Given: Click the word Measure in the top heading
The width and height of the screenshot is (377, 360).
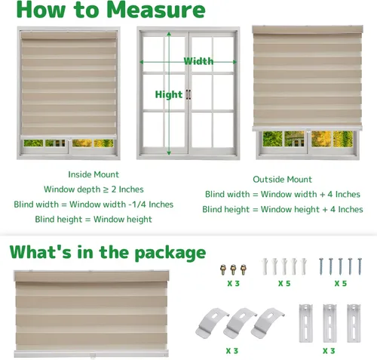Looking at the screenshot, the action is (x=156, y=10).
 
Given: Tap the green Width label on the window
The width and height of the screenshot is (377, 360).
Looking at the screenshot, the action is (x=198, y=61).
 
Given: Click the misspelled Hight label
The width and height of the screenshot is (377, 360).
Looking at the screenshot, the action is (x=169, y=94).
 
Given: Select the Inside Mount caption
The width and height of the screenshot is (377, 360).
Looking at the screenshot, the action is (x=93, y=174).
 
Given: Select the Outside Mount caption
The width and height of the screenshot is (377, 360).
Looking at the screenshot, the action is (x=282, y=180).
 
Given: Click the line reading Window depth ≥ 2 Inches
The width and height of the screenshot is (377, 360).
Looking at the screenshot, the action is (x=93, y=189).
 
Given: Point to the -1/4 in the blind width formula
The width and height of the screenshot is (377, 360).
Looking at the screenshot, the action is (x=137, y=205).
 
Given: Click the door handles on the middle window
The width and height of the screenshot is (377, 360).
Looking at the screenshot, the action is (x=188, y=94).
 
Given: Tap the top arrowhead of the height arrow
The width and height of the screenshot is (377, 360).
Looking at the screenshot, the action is (x=169, y=34).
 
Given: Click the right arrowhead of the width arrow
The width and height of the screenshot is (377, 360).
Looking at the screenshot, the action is (x=235, y=62).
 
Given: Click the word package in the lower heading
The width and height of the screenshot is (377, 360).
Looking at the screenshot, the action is (x=170, y=253).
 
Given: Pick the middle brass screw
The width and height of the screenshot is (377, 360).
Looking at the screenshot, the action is (x=233, y=269).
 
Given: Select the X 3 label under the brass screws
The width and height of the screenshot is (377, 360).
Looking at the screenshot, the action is (x=233, y=284).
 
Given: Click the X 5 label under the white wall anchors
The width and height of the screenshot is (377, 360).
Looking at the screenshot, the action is (x=284, y=284).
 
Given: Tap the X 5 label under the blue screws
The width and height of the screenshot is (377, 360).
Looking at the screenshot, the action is (x=341, y=284).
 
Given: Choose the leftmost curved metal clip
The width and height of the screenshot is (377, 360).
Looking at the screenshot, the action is (x=212, y=323).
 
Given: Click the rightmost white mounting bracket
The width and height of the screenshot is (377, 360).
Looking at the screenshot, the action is (x=354, y=323).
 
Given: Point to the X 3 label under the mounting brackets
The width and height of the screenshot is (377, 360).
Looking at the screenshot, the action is (x=329, y=351).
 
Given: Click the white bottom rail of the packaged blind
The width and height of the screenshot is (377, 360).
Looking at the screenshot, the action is (x=91, y=353).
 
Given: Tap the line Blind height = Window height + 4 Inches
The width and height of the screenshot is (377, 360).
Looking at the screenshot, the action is (x=283, y=209).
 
